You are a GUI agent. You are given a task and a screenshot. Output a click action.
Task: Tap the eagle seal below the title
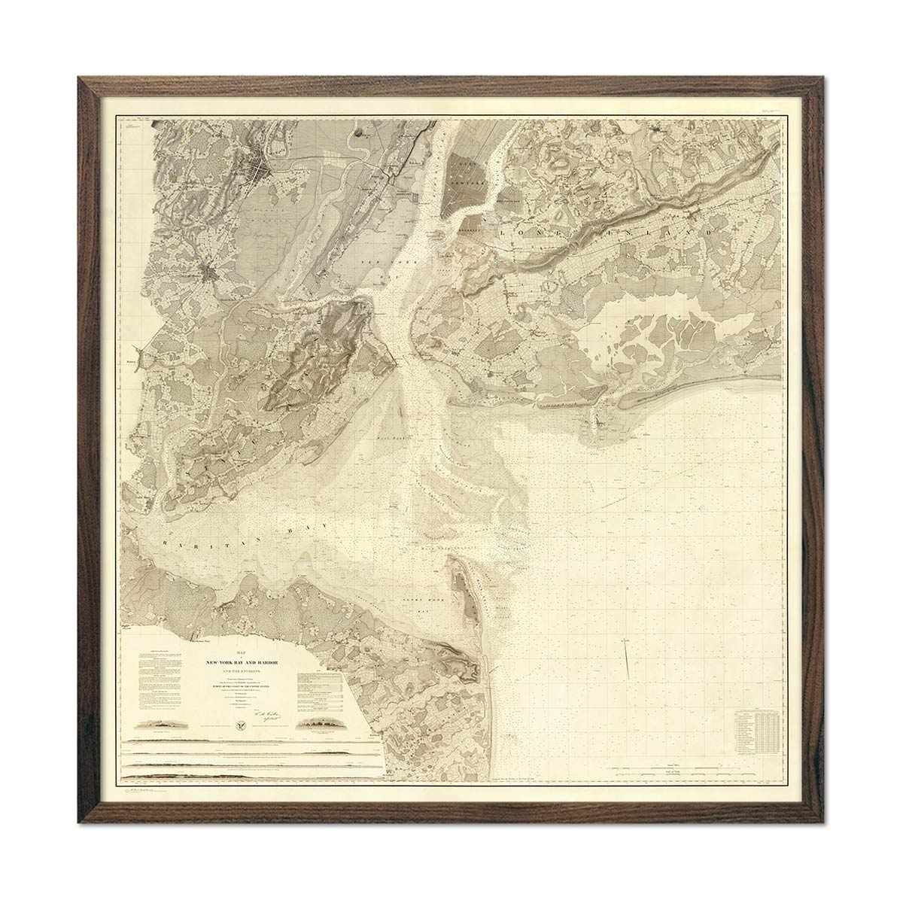coord(241,727)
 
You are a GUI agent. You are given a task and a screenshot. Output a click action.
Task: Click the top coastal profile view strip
coord(248,746)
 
